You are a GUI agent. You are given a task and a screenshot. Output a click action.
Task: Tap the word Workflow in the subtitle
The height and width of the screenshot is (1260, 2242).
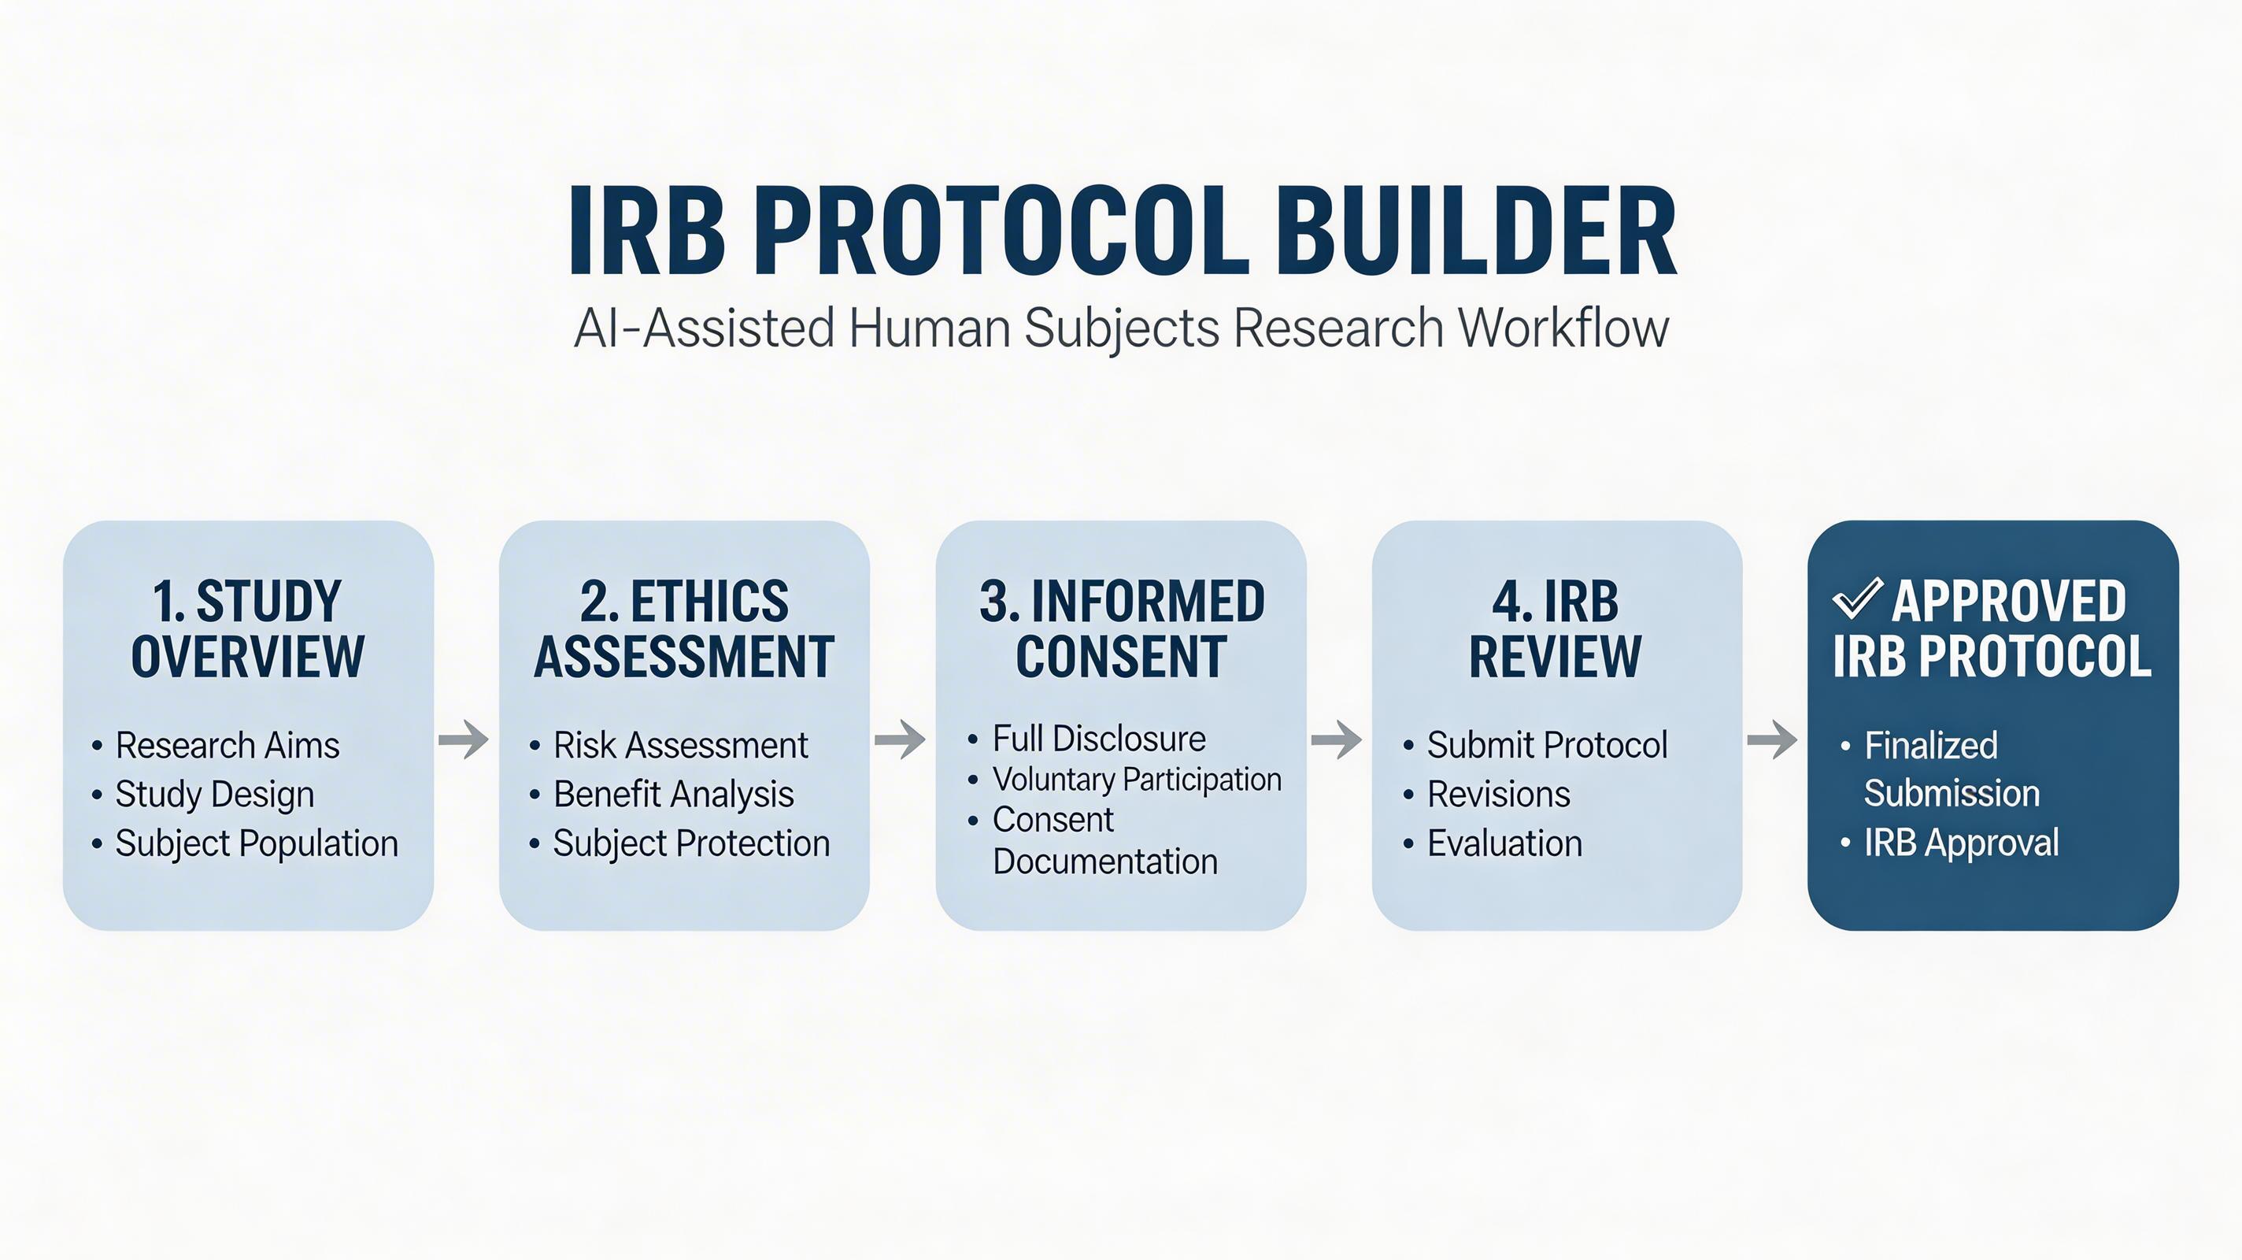click(1564, 328)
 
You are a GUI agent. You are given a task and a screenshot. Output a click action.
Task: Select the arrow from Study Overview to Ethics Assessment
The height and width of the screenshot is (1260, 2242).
click(464, 739)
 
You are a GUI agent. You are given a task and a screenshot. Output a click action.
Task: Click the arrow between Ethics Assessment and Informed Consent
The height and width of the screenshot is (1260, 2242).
click(900, 739)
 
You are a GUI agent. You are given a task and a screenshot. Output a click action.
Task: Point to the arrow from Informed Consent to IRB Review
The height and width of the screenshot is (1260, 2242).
click(1337, 739)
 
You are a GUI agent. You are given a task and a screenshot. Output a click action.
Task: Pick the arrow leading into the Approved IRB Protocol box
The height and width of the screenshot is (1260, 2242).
click(1772, 739)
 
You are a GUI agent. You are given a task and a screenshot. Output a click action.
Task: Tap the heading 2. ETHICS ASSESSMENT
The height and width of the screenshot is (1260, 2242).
click(684, 628)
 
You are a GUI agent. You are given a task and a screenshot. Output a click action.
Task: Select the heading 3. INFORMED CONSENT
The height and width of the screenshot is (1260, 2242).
click(1122, 628)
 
